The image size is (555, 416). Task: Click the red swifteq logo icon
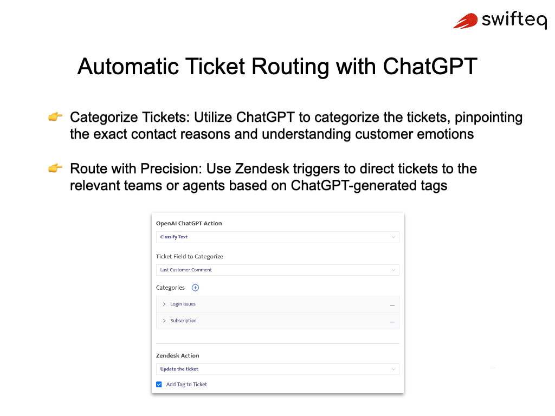click(466, 21)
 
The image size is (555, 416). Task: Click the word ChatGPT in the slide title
click(430, 66)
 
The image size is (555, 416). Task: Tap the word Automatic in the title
click(128, 66)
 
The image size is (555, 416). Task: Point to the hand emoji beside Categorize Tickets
click(55, 116)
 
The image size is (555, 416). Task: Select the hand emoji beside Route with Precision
click(55, 168)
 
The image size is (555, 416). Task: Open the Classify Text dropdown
click(277, 237)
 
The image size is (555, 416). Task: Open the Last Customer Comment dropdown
click(277, 270)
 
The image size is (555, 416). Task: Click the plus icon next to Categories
click(195, 288)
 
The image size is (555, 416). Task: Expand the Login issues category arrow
click(164, 304)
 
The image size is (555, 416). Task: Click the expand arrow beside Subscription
click(164, 321)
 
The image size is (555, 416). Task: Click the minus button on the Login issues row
click(392, 305)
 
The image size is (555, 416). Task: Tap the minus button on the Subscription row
click(392, 322)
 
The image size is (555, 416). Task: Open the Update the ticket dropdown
click(277, 369)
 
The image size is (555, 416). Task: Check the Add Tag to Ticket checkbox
click(159, 385)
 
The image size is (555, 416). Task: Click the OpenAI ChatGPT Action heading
click(189, 223)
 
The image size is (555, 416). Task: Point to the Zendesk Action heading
click(177, 355)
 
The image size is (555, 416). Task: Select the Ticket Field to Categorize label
click(189, 256)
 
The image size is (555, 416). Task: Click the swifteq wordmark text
click(514, 20)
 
